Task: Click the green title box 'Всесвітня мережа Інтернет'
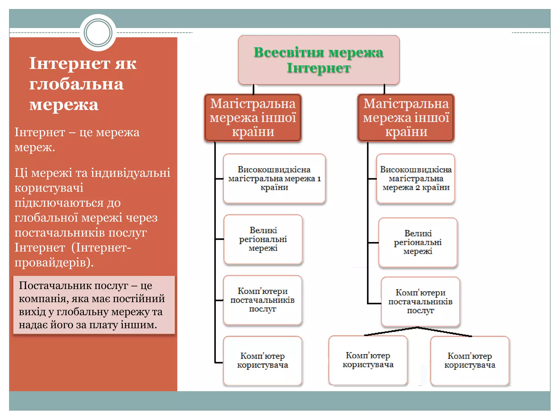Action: point(319,60)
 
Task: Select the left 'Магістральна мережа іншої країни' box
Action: point(253,118)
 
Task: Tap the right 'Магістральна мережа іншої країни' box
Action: point(406,118)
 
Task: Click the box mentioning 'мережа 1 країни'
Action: point(274,179)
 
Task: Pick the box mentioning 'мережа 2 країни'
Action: point(416,179)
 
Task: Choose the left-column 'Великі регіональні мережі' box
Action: point(263,239)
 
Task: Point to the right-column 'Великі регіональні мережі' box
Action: point(418,242)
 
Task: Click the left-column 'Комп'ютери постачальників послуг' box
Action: point(262,300)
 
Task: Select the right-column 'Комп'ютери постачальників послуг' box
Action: point(420,302)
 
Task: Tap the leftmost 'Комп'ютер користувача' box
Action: point(262,360)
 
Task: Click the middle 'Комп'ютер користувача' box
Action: point(368,360)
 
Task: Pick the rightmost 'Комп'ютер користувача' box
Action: point(470,360)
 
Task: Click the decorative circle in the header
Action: point(98,33)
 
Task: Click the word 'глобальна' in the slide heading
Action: point(77,84)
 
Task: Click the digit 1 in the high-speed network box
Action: point(319,179)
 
